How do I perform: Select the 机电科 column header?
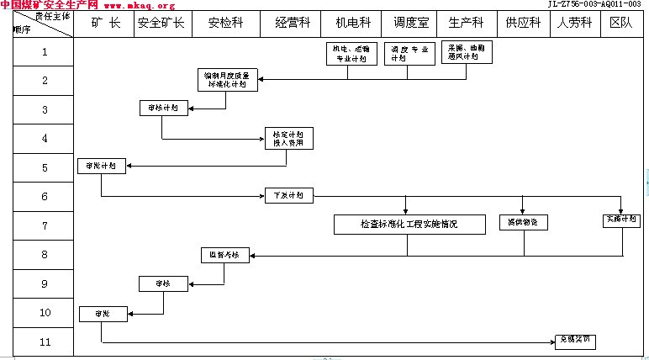[352, 24]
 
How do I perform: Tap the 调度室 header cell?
[411, 24]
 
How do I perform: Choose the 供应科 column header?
[523, 24]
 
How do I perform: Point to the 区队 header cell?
[621, 24]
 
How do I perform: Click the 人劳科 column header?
[574, 24]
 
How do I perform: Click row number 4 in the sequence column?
[45, 138]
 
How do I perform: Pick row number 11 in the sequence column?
[45, 341]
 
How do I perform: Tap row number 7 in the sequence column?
[45, 225]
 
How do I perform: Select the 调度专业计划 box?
[410, 54]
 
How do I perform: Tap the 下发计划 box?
[288, 196]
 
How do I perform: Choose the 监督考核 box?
[224, 255]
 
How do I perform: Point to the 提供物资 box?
[523, 223]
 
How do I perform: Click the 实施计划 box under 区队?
[622, 220]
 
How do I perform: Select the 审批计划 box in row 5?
[101, 166]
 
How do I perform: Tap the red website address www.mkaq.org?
[139, 5]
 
